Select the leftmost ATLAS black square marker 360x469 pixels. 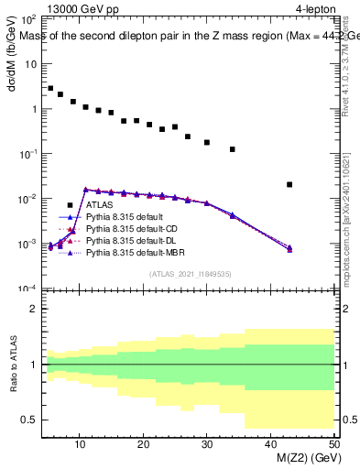50,89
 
